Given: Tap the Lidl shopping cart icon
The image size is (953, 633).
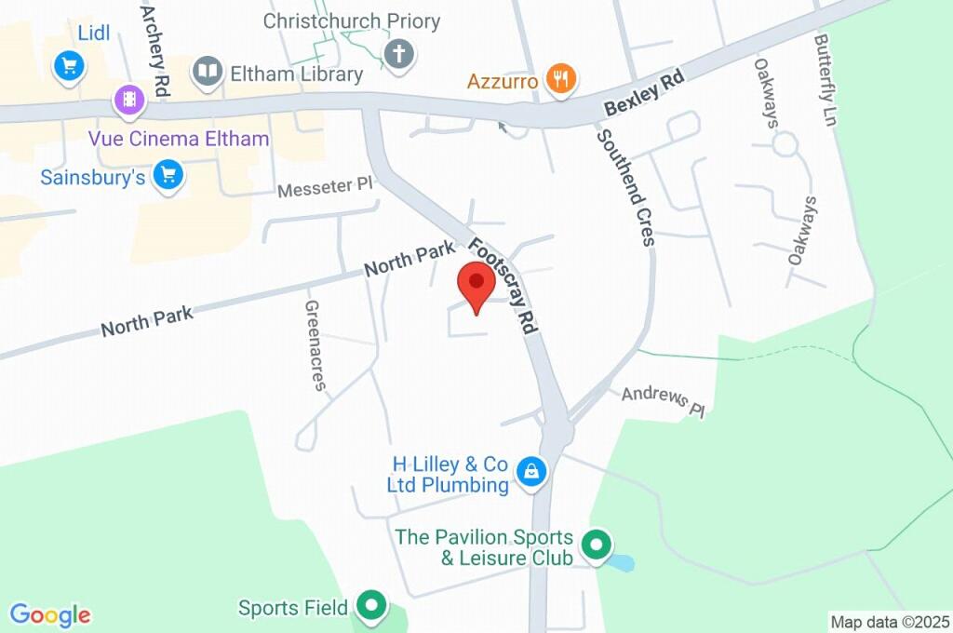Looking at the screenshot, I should (x=69, y=65).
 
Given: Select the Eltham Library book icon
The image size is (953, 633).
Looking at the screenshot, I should (x=208, y=72).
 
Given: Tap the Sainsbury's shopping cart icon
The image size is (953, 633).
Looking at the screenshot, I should (x=168, y=174).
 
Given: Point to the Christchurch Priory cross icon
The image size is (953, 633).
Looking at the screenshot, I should (x=399, y=52).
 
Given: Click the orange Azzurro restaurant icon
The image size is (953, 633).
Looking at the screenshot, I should (x=559, y=80).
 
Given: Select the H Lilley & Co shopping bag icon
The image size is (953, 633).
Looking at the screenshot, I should (x=530, y=472).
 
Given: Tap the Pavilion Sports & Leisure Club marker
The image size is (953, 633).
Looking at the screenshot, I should (x=595, y=543).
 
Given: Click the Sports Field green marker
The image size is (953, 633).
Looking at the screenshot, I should (x=372, y=606).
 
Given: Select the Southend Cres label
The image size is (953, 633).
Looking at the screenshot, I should (x=626, y=186).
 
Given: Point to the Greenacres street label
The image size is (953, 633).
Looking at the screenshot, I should (x=315, y=344).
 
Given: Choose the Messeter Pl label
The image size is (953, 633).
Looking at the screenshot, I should (x=324, y=188).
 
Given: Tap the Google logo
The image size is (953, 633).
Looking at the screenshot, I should (x=50, y=615).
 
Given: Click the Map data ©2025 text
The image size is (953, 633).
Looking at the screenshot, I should (x=890, y=622).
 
